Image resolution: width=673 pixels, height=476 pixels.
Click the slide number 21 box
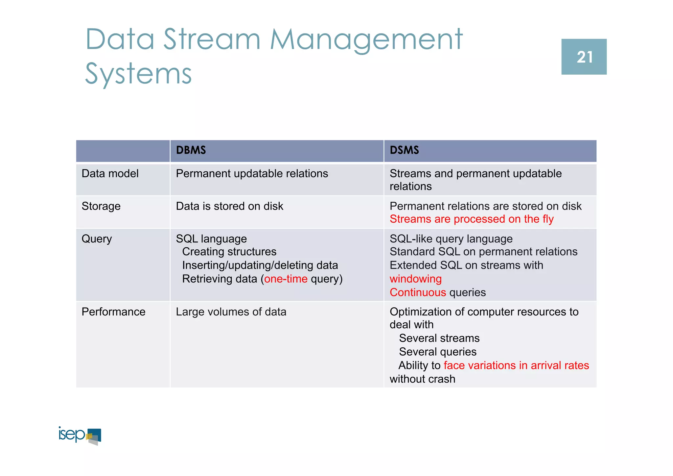click(x=584, y=57)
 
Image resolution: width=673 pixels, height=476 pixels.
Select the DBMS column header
click(x=191, y=150)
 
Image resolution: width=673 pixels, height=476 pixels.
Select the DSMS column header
click(x=404, y=150)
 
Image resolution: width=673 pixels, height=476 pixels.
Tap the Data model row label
click(x=110, y=174)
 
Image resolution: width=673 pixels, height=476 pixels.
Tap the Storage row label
click(x=101, y=206)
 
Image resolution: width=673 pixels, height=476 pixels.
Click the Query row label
click(x=97, y=239)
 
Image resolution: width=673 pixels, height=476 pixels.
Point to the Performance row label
click(x=113, y=312)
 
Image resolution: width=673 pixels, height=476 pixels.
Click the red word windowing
click(x=415, y=279)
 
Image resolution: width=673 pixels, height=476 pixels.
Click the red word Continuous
click(x=417, y=292)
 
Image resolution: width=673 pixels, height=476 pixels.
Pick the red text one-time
click(x=286, y=279)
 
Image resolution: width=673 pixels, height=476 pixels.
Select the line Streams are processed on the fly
click(x=471, y=219)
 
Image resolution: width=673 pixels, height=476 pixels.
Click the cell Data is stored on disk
click(x=229, y=206)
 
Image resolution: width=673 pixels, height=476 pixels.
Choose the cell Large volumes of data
click(x=231, y=312)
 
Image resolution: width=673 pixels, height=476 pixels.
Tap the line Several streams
click(x=439, y=338)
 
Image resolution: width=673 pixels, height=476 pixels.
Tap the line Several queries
click(x=437, y=352)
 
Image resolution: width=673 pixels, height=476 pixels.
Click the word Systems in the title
click(x=138, y=74)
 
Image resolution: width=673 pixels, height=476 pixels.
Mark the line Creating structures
click(x=229, y=252)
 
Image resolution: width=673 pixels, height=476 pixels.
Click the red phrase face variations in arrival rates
click(x=516, y=365)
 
